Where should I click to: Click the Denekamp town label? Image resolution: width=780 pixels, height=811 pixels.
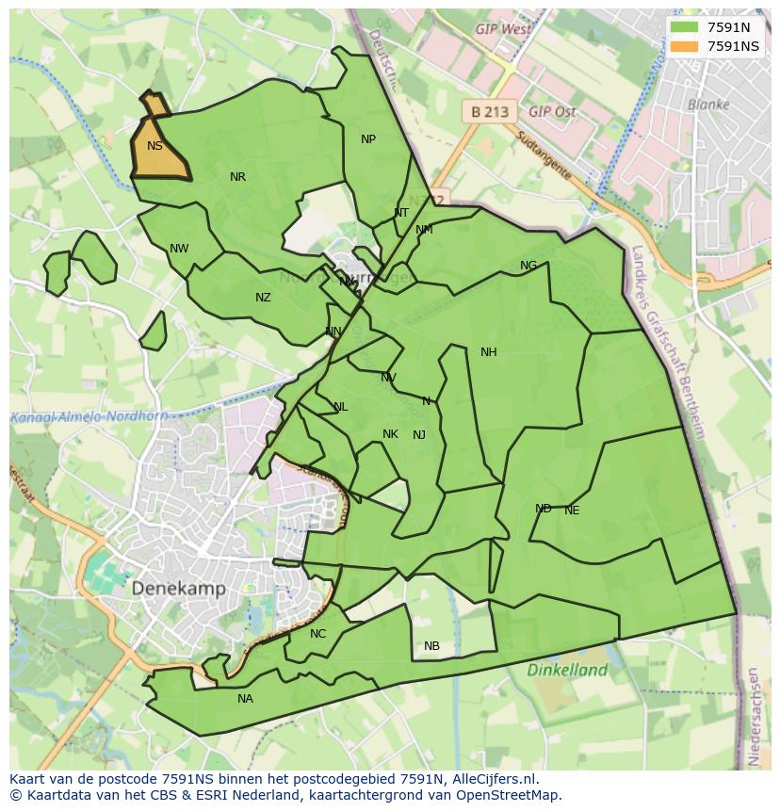point(178,589)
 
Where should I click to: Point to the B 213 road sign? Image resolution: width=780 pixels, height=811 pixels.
point(489,111)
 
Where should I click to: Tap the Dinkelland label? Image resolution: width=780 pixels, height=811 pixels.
point(567,671)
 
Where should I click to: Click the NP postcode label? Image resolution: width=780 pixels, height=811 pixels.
point(368,139)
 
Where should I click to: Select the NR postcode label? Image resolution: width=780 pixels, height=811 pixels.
point(237,177)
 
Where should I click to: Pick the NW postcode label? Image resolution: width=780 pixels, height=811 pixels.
point(179,249)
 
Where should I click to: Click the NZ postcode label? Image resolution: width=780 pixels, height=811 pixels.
point(263,298)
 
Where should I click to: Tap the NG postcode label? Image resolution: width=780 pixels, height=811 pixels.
point(528,266)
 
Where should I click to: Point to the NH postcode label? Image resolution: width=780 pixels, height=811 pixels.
point(488,352)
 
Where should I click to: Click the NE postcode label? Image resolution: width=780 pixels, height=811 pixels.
point(572,511)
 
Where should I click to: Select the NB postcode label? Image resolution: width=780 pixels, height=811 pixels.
point(431,646)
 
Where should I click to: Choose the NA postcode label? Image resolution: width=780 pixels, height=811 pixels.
point(245,699)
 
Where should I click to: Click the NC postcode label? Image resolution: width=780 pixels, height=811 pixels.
point(317,634)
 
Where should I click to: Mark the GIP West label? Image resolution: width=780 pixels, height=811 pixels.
point(503,29)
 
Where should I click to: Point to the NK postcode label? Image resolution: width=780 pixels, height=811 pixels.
point(390,434)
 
